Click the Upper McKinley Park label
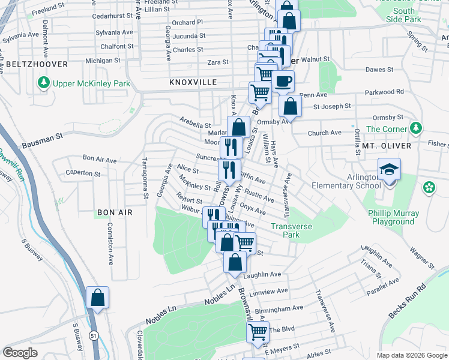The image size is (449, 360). pyautogui.click(x=92, y=83)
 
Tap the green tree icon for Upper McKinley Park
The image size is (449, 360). pyautogui.click(x=43, y=83)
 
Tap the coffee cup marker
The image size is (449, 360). pyautogui.click(x=283, y=81)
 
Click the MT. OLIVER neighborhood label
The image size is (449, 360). pyautogui.click(x=387, y=146)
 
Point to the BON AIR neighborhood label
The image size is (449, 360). pyautogui.click(x=113, y=212)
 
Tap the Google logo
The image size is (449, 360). pyautogui.click(x=20, y=352)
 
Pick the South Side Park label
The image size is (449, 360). pyautogui.click(x=404, y=15)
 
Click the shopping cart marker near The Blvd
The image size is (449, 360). pyautogui.click(x=258, y=332)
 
